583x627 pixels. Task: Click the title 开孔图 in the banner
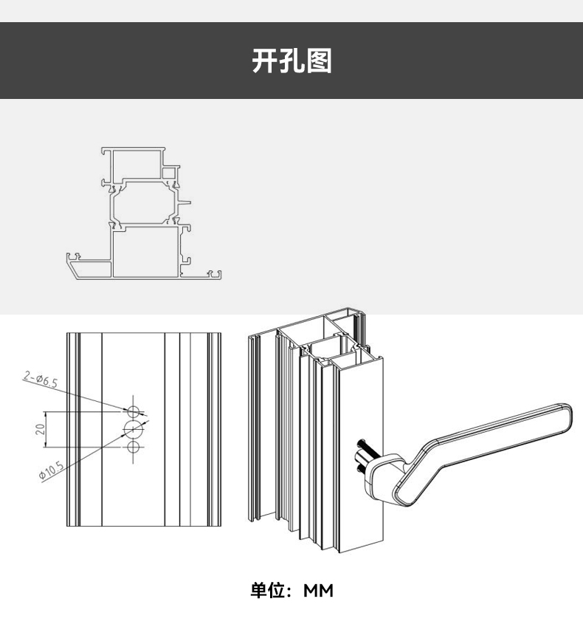coord(291,61)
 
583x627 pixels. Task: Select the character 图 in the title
coord(319,61)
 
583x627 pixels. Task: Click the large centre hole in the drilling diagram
coord(134,429)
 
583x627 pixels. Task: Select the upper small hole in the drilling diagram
coord(134,411)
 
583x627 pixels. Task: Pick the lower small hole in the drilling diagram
coord(134,447)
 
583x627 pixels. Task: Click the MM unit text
coord(319,591)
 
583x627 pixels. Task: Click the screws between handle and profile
coord(365,454)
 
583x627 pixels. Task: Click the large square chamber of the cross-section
coord(145,251)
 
